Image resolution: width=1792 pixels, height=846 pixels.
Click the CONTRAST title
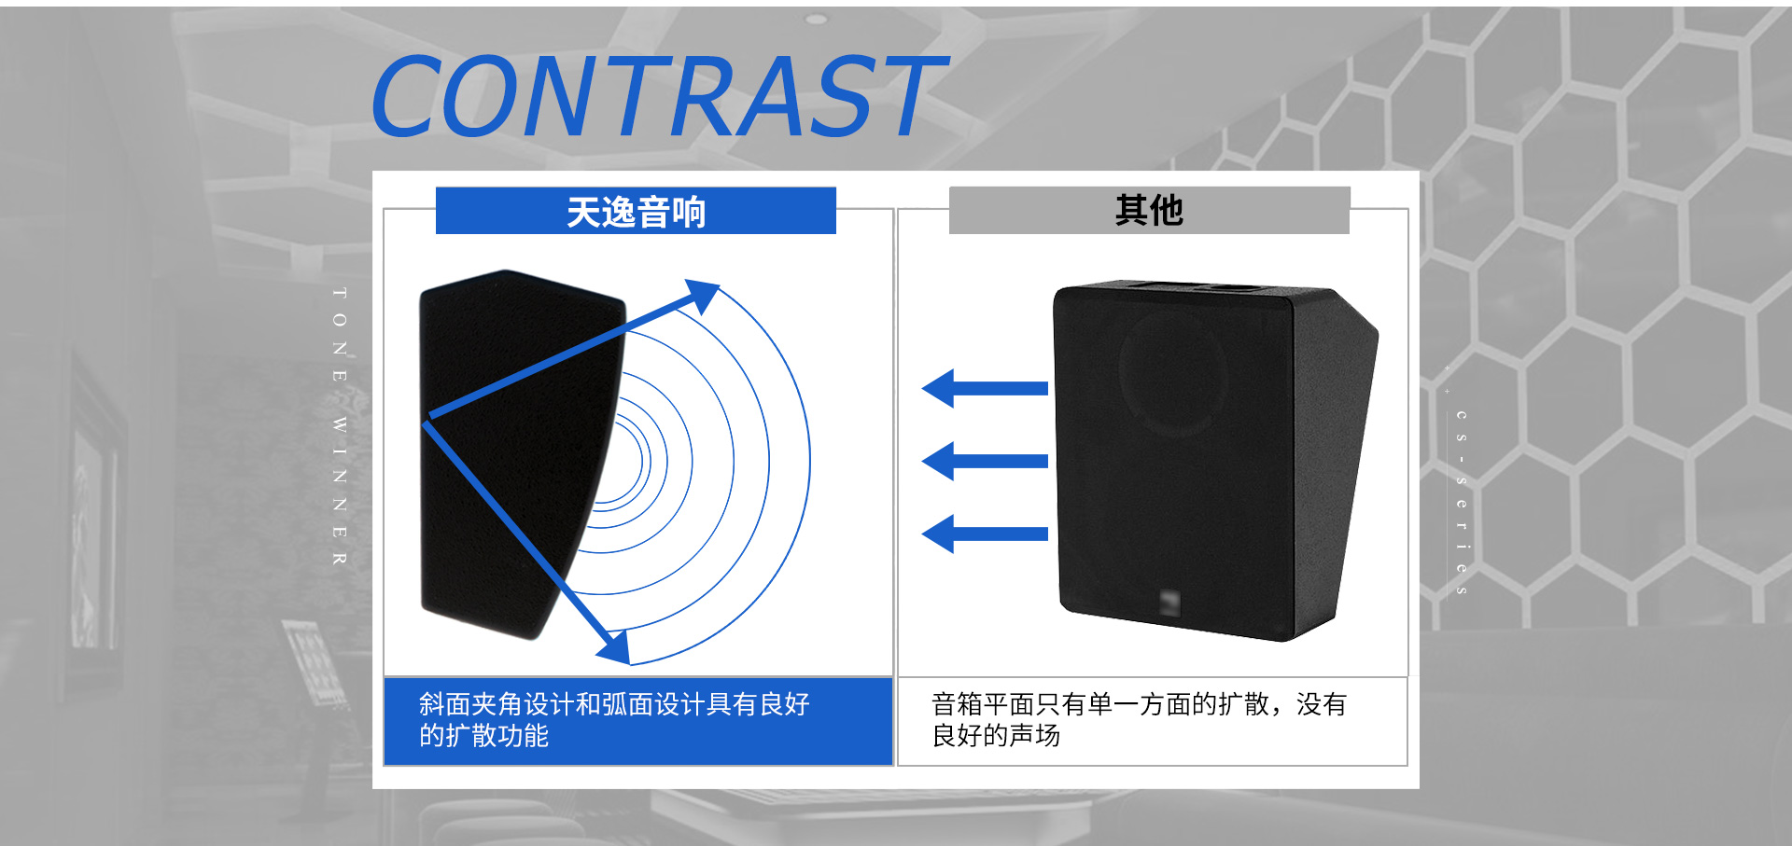tap(658, 96)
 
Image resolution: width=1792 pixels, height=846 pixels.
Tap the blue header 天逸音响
tap(636, 212)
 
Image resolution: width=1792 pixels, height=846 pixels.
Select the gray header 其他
tap(1149, 210)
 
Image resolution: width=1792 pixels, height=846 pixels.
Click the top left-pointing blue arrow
tap(985, 388)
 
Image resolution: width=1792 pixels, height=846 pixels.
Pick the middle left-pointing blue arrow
tap(985, 461)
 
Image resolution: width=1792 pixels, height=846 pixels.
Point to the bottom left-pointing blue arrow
tap(985, 534)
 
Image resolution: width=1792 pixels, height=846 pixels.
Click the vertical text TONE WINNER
tap(340, 425)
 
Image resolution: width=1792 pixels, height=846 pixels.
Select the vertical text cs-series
tap(1462, 502)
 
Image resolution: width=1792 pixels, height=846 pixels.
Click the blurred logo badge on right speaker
tap(1169, 602)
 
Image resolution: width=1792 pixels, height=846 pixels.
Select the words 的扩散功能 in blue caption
tap(483, 736)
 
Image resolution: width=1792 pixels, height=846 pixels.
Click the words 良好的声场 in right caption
tap(996, 736)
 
